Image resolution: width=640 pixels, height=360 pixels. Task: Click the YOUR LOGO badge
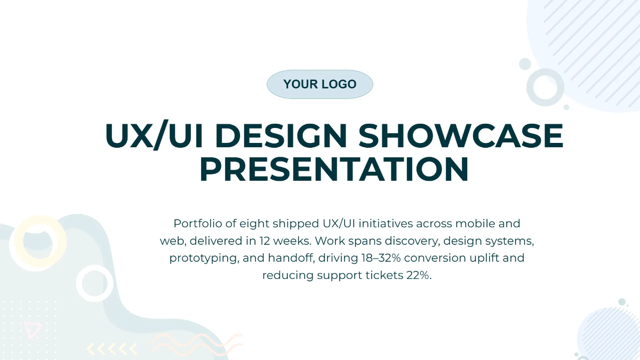[319, 84]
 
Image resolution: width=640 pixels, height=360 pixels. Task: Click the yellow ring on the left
[38, 243]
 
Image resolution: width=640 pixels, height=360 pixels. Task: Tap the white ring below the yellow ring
[94, 283]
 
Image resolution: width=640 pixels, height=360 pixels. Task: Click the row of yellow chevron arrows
[111, 349]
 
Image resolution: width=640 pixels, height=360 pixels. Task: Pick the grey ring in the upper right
[545, 87]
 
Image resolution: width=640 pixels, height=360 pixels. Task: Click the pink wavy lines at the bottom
[197, 344]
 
